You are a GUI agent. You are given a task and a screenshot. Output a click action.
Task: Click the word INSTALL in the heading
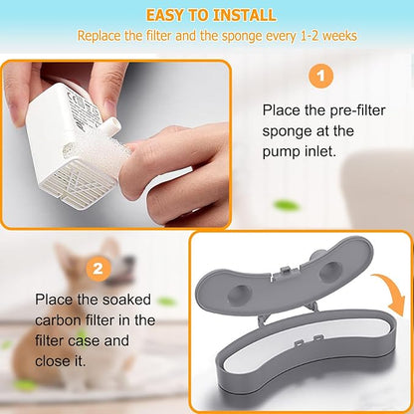[x=244, y=15]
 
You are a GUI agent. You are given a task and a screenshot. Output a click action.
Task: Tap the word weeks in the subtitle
[x=339, y=36]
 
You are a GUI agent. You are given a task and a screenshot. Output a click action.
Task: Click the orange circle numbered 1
[x=320, y=77]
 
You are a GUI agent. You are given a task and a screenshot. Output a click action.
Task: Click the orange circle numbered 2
[x=98, y=269]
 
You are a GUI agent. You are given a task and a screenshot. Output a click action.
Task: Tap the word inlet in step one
[x=320, y=151]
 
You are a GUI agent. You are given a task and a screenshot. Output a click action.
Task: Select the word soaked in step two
[x=126, y=300]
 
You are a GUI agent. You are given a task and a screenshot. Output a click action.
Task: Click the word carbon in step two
[x=58, y=320]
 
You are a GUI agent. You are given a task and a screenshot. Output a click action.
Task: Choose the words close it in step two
[x=61, y=361]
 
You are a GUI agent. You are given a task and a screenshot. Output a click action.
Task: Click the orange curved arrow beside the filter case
[x=392, y=292]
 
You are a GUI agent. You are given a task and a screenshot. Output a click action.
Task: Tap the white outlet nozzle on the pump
[x=112, y=126]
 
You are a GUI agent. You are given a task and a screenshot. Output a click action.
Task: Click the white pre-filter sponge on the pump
[x=98, y=150]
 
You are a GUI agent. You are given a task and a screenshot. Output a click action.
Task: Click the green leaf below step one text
[x=286, y=206]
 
